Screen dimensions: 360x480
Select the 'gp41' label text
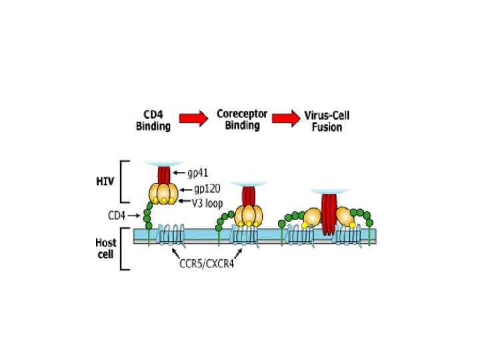pos(198,173)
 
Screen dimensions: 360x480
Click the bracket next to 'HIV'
pos(124,180)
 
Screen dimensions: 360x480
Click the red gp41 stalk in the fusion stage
pos(327,213)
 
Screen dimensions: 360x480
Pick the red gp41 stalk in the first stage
pos(164,174)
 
